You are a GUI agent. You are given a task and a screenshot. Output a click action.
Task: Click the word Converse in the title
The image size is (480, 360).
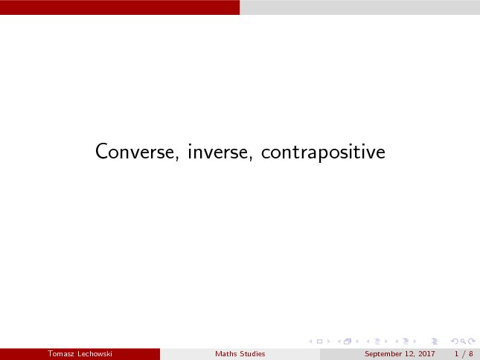click(x=135, y=151)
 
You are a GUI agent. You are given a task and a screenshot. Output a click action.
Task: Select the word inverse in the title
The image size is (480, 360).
click(x=217, y=151)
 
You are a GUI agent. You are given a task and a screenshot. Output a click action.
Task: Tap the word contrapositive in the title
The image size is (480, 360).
click(x=323, y=152)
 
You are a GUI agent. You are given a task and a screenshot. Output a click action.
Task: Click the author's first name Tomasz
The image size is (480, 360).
click(x=60, y=354)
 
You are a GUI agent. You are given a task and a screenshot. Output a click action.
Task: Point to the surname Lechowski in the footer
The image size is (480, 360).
click(x=95, y=354)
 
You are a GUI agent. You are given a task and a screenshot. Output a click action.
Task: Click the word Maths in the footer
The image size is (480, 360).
click(x=226, y=354)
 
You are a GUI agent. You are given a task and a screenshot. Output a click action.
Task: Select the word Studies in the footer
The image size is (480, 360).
click(x=252, y=354)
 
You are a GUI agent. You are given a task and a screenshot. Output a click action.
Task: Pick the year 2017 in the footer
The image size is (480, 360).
click(x=426, y=354)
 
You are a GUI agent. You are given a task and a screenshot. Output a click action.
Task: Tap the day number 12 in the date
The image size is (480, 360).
click(x=409, y=354)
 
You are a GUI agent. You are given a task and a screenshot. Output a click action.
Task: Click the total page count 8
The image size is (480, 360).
click(x=471, y=354)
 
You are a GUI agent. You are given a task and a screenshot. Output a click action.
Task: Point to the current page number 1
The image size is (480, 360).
click(x=456, y=354)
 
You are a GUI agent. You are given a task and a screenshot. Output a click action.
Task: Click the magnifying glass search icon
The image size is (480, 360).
click(x=463, y=341)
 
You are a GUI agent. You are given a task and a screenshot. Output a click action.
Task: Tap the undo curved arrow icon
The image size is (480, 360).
click(x=455, y=341)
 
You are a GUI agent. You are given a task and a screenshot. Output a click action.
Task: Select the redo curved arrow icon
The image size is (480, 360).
click(x=472, y=341)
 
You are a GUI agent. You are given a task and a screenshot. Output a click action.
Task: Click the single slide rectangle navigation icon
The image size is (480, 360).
click(x=319, y=341)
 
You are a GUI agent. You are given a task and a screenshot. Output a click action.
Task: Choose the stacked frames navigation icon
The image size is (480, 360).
click(x=348, y=341)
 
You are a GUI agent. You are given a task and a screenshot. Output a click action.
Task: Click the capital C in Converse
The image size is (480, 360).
click(x=101, y=151)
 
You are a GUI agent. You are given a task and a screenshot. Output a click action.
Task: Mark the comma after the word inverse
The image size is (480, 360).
click(x=251, y=158)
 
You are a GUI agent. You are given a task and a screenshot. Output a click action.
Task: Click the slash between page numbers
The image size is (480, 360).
click(x=464, y=354)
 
